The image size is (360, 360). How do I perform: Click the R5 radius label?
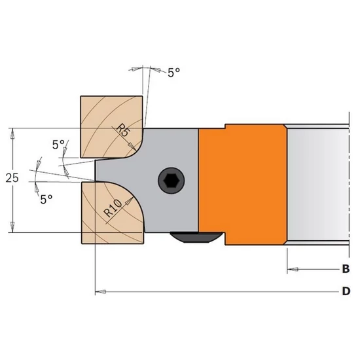(x=124, y=131)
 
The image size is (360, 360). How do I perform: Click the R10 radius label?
(x=113, y=208)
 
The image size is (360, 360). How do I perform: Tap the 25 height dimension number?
(x=12, y=178)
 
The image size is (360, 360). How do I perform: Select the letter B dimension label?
(x=346, y=269)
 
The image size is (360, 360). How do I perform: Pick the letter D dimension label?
(x=346, y=291)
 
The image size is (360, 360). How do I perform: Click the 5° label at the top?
(x=174, y=73)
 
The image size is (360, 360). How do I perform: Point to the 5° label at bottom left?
(x=46, y=199)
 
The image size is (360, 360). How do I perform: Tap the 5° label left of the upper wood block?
(x=58, y=145)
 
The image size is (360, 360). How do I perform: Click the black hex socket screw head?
(x=171, y=180)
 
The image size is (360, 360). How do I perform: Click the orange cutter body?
(x=243, y=184)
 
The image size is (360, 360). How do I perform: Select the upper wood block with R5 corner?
(x=111, y=127)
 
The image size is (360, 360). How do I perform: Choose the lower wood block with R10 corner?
(x=113, y=212)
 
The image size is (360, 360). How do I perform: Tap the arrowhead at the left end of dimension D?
(x=101, y=292)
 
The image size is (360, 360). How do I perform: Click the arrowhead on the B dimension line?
(x=293, y=269)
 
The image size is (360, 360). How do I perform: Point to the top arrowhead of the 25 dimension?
(x=12, y=134)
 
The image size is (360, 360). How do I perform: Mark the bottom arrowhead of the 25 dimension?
(x=12, y=227)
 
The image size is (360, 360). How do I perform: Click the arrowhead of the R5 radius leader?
(x=132, y=147)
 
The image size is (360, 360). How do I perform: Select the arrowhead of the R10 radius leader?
(x=129, y=201)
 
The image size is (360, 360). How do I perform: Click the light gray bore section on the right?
(x=318, y=184)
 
